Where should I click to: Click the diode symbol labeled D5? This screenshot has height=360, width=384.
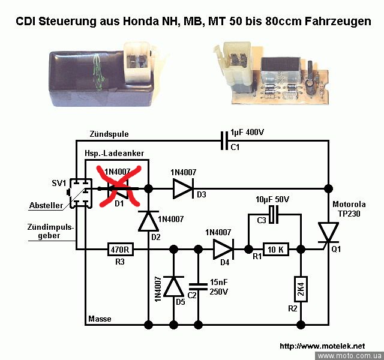[x=174, y=287]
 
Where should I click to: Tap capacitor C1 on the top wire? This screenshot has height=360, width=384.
[x=224, y=142]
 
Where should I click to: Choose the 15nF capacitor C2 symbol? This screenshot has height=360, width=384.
[x=197, y=287]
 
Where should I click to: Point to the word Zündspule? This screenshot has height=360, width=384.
[x=109, y=133]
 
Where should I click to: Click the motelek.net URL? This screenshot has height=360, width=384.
[x=322, y=346]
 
